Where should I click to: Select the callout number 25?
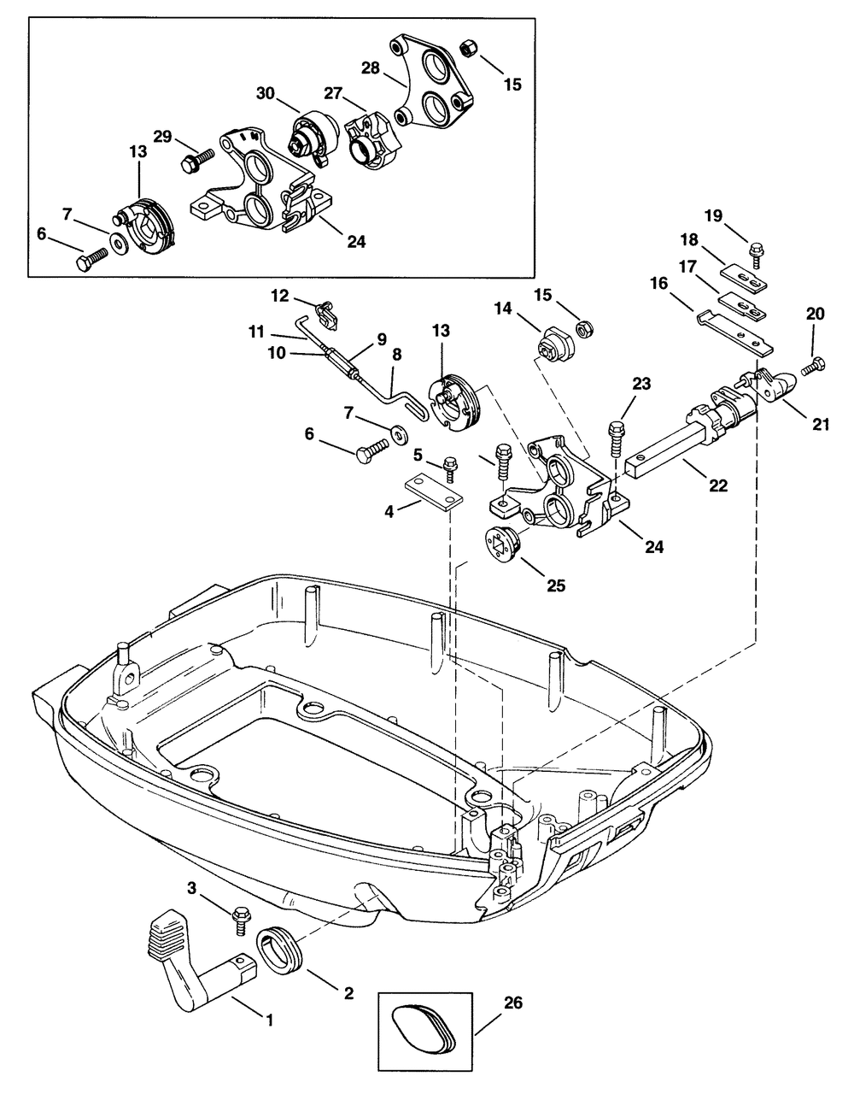coord(556,585)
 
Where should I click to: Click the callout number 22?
coord(718,485)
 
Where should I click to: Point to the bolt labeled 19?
coord(756,254)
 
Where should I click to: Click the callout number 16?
coord(658,283)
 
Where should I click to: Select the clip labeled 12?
coord(327,315)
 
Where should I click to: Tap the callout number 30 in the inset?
coord(265,93)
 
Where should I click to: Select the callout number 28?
coord(370,68)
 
